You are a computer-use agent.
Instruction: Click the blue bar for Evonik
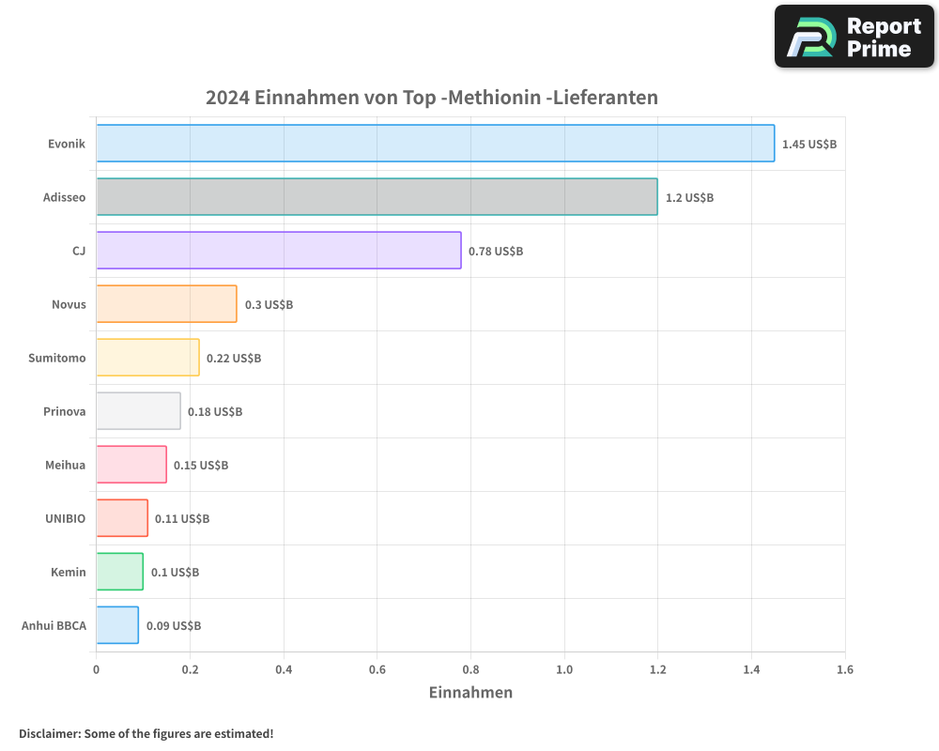click(x=435, y=143)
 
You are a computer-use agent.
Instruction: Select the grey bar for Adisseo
click(x=377, y=196)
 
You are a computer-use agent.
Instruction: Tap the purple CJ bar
click(x=278, y=250)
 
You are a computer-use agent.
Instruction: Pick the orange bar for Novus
click(x=166, y=303)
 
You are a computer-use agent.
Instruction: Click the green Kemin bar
click(x=119, y=571)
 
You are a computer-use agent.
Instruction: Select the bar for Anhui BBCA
click(x=117, y=624)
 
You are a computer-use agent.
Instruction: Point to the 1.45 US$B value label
click(x=808, y=144)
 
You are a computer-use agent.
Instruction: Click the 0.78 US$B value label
click(x=495, y=251)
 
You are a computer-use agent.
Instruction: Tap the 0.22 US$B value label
click(x=233, y=358)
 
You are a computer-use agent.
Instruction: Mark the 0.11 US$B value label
click(x=181, y=518)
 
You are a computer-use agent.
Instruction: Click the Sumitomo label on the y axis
click(x=57, y=358)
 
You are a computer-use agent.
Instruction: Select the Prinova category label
click(x=64, y=411)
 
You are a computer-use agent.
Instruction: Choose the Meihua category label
click(x=65, y=465)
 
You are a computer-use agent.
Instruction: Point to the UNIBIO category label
click(x=65, y=518)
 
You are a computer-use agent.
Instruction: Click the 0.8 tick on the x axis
click(x=470, y=669)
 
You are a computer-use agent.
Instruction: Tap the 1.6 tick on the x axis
click(x=844, y=669)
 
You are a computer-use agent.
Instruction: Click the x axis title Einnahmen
click(x=470, y=693)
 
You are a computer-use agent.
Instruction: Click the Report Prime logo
click(x=854, y=37)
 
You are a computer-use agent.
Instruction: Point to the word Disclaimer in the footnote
click(x=49, y=733)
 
